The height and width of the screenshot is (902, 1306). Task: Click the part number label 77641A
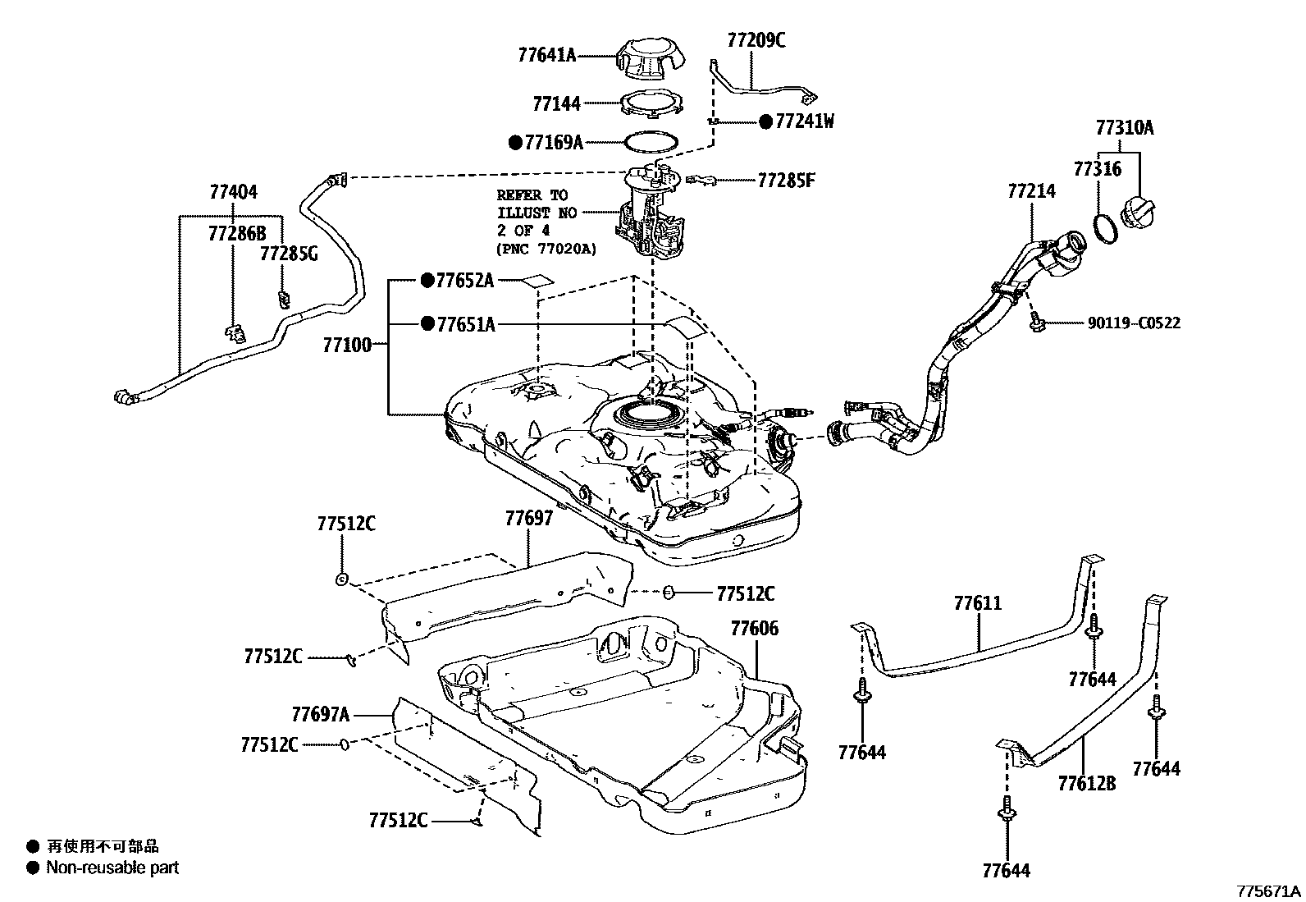546,56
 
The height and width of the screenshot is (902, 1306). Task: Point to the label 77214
1031,191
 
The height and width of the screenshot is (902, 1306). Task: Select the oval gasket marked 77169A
651,143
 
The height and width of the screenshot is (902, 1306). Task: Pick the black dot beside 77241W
765,122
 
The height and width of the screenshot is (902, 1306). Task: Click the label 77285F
786,180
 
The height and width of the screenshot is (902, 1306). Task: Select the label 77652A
464,281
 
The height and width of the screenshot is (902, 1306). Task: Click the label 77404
233,192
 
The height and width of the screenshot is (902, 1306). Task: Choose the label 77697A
321,714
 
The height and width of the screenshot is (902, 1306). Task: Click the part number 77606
754,629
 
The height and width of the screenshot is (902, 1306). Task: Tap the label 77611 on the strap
977,604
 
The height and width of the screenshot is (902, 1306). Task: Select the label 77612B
1086,783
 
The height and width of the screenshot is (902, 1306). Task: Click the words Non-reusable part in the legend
112,867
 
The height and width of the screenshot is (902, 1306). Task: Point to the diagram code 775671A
1269,891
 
